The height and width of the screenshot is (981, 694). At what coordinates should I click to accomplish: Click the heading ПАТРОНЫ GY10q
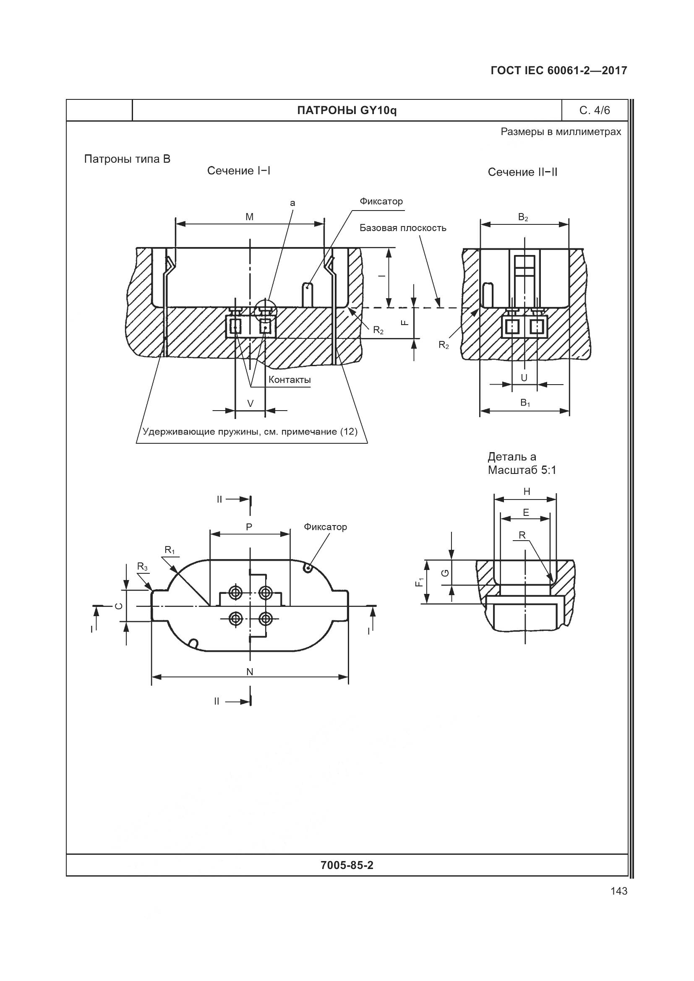coord(347,111)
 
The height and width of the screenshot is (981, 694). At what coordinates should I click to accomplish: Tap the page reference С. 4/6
coord(595,111)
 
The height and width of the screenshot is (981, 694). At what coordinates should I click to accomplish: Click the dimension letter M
coord(250,217)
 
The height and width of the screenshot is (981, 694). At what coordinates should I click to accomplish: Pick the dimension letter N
coord(250,672)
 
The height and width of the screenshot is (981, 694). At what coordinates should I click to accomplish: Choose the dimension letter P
coord(249,527)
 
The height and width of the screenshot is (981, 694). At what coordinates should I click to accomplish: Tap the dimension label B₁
coord(525,403)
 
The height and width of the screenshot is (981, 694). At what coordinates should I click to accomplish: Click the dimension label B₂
coord(523,218)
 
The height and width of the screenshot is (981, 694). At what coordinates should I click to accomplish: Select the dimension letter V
coord(250,403)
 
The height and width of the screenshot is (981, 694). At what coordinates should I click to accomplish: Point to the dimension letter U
coord(524,378)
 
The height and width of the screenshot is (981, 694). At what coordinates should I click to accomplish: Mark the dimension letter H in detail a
coord(527,492)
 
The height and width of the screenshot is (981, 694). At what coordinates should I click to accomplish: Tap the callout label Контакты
coord(290,380)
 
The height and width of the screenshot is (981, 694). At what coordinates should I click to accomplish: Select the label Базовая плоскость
coord(402,228)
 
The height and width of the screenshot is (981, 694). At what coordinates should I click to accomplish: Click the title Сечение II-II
coord(522,172)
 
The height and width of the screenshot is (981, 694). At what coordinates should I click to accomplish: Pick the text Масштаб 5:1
coord(522,471)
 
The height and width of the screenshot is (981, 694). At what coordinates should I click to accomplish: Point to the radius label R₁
coord(170,550)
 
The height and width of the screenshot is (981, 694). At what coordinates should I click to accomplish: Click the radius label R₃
coord(142,567)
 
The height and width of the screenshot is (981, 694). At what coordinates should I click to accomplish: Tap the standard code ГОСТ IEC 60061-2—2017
coord(558,70)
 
